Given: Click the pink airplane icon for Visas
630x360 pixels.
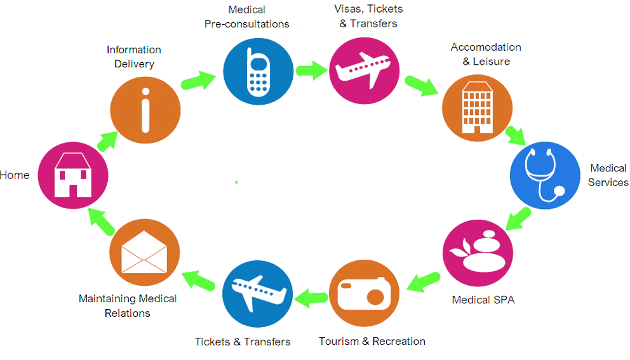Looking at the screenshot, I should point(365,69).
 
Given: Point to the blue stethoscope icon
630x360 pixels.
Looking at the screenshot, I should point(545,175).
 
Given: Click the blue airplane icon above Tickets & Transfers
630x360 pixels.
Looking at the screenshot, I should point(257,293).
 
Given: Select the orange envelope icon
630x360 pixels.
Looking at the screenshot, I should point(145,252).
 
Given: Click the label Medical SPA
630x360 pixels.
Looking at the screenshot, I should point(483,300).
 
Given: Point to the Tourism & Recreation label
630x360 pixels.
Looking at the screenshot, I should point(372,342).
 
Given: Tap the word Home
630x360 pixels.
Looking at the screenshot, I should point(15,175).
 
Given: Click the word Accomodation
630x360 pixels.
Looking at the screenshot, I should point(486,48).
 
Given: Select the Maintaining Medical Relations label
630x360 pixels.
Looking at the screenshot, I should point(128,305).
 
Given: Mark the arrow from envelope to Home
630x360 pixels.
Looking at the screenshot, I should point(101,220).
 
